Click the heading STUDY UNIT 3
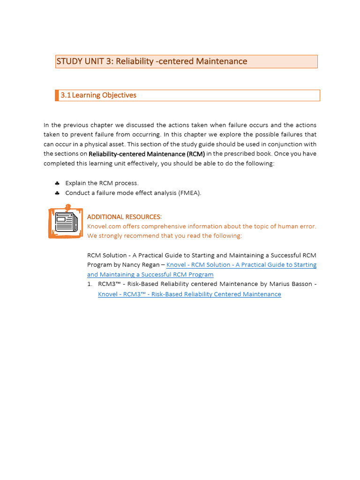[x=151, y=61]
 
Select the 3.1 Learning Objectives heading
[x=98, y=95]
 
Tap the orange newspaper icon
[x=66, y=223]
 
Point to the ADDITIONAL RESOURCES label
[x=124, y=217]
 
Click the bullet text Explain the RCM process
[x=102, y=183]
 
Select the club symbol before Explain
[x=57, y=183]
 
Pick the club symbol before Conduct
[x=57, y=193]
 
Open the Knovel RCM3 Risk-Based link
[x=189, y=294]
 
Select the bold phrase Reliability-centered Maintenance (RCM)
[x=147, y=154]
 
